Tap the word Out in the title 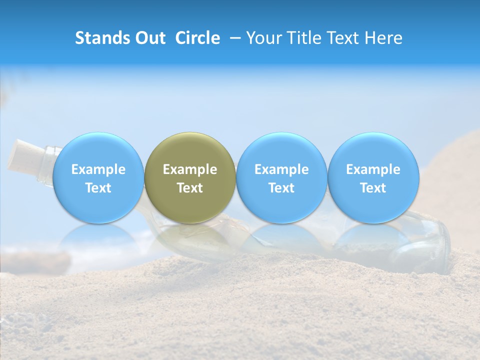[149, 38]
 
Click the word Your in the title [263, 38]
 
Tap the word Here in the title [384, 38]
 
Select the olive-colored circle [190, 177]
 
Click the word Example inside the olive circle [190, 169]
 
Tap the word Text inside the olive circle [190, 188]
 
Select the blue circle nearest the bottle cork [98, 177]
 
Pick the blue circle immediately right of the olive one [281, 177]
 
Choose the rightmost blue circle [373, 177]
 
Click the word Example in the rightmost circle [373, 169]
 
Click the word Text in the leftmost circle [98, 188]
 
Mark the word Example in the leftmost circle [98, 169]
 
